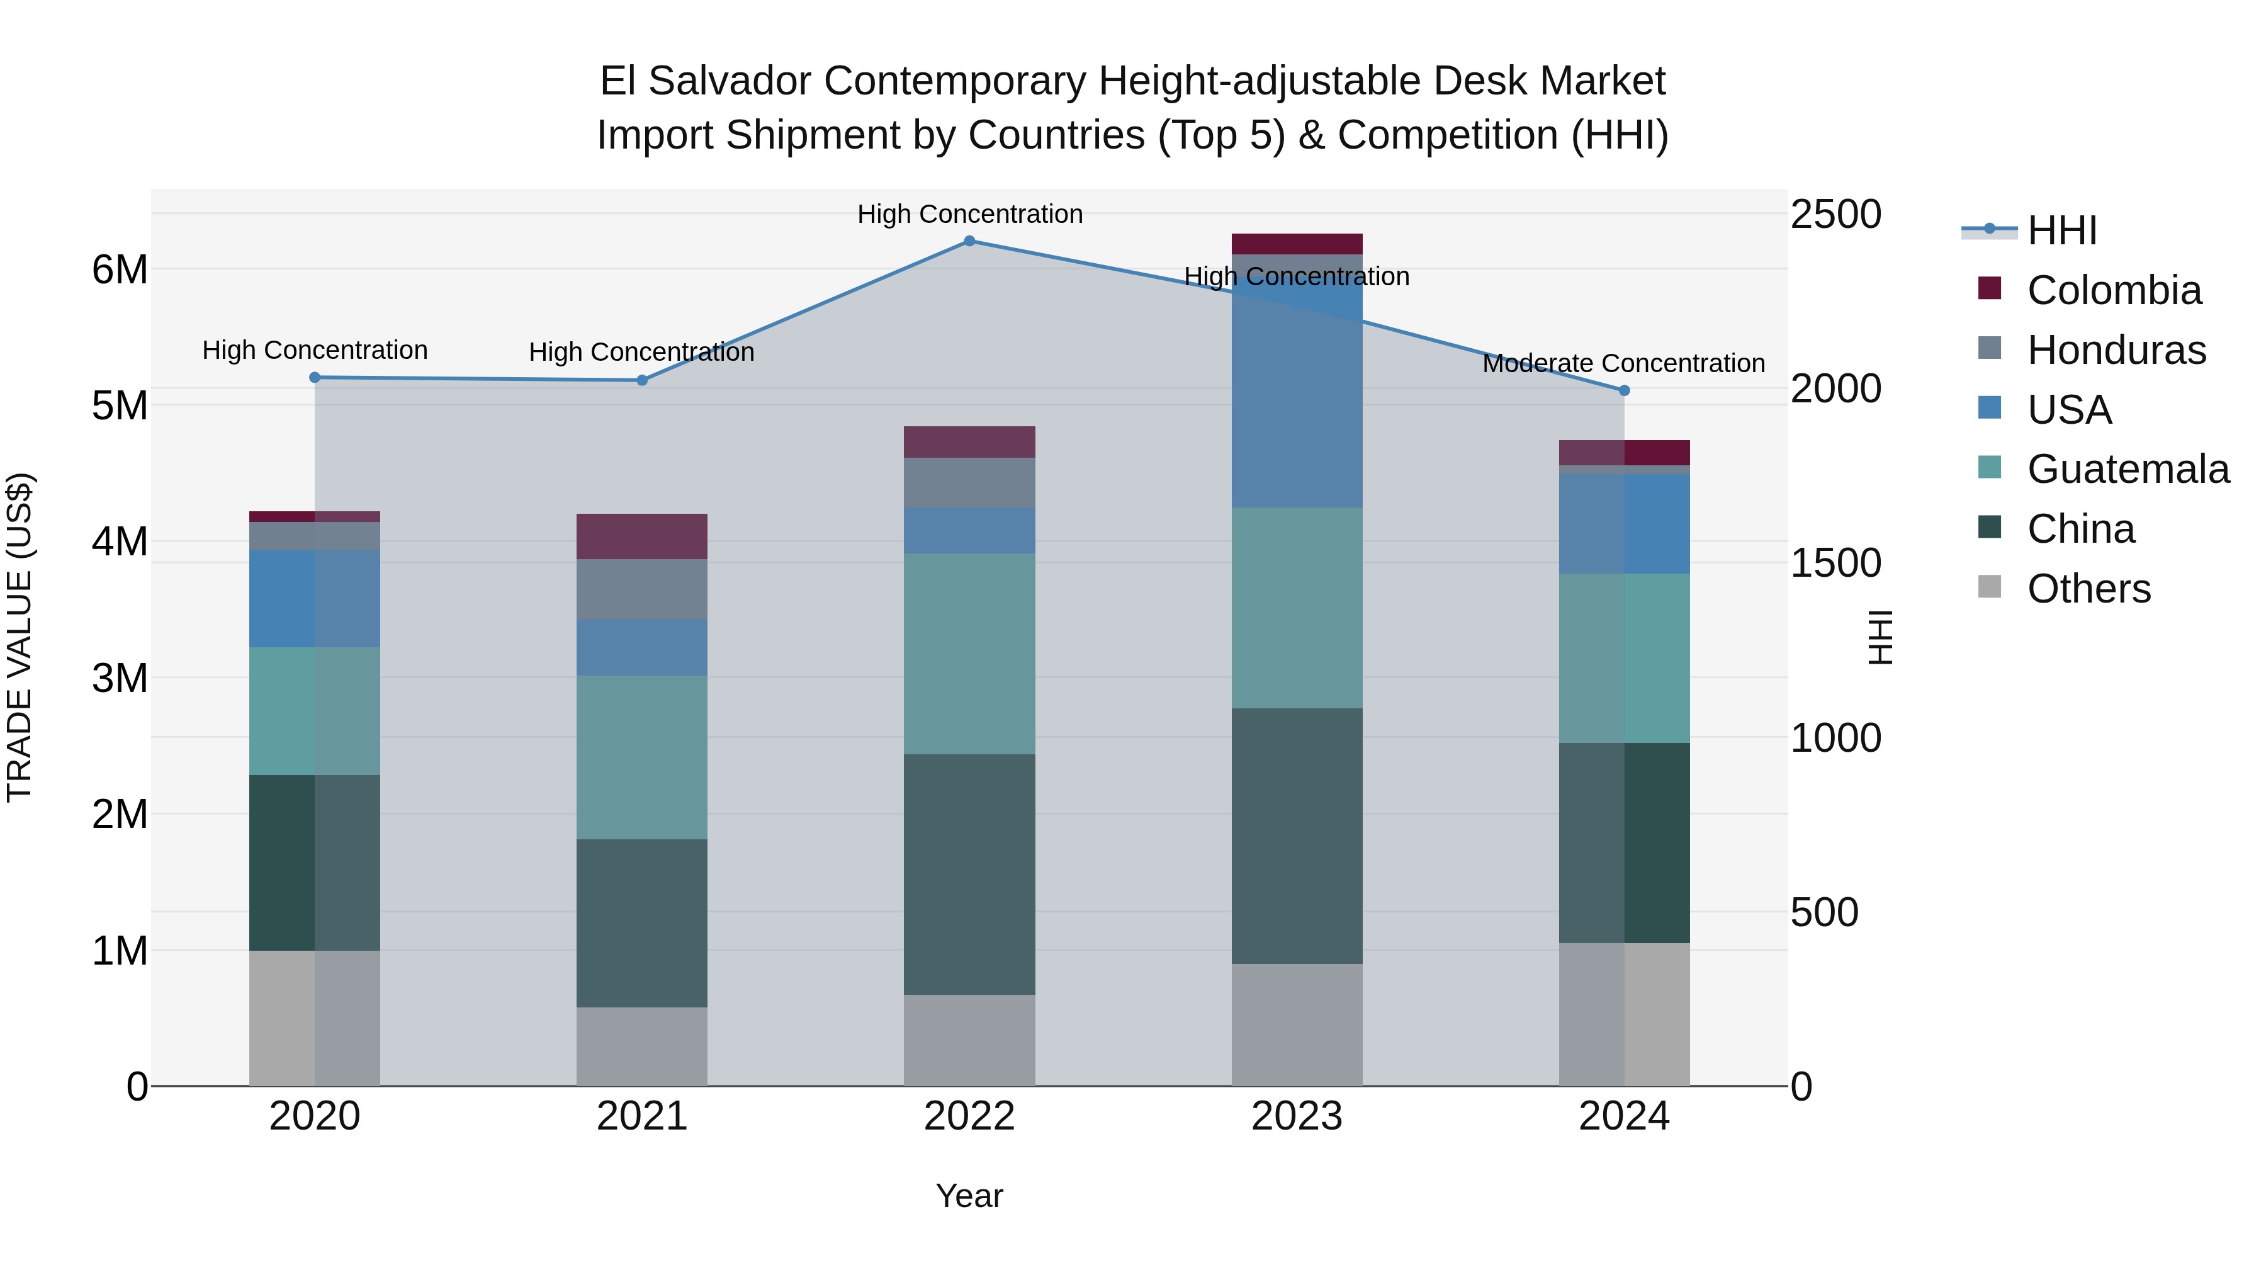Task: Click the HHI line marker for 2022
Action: pyautogui.click(x=969, y=241)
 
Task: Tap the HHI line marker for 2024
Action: pyautogui.click(x=1624, y=390)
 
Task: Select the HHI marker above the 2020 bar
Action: pyautogui.click(x=315, y=378)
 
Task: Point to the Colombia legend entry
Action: pyautogui.click(x=2113, y=290)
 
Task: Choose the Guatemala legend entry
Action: pyautogui.click(x=2127, y=469)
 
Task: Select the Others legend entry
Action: pyautogui.click(x=2088, y=589)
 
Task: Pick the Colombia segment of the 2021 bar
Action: pyautogui.click(x=641, y=536)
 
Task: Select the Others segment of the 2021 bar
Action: pyautogui.click(x=641, y=1046)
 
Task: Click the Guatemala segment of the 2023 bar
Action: pyautogui.click(x=1297, y=607)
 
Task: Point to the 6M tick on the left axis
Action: pyautogui.click(x=120, y=269)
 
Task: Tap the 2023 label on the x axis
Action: pyautogui.click(x=1297, y=1116)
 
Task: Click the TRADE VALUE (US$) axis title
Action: pyautogui.click(x=20, y=637)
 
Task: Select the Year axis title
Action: pyautogui.click(x=969, y=1196)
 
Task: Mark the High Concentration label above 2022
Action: pyautogui.click(x=969, y=214)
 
